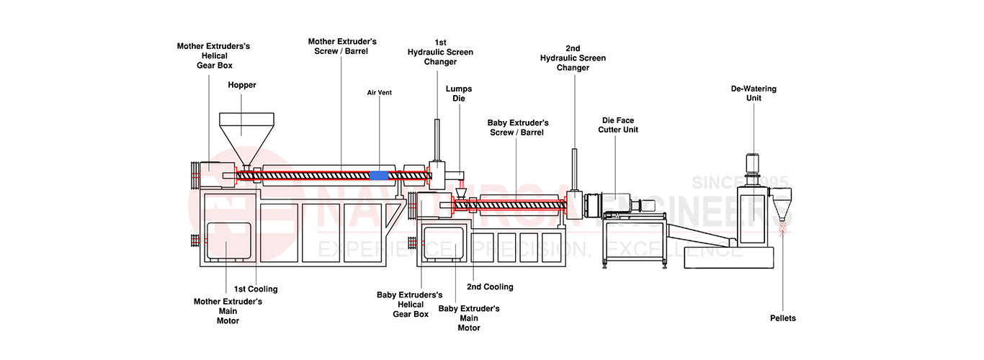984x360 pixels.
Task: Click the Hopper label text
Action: pyautogui.click(x=242, y=85)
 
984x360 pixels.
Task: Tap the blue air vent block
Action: pyautogui.click(x=378, y=175)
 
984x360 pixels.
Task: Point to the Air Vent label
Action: pyautogui.click(x=379, y=93)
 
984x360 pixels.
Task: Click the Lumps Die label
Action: pyautogui.click(x=459, y=94)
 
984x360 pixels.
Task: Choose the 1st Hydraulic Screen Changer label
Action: pyautogui.click(x=440, y=52)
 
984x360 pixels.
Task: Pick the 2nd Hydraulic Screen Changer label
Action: pyautogui.click(x=573, y=58)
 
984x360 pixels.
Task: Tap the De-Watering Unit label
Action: pyautogui.click(x=753, y=94)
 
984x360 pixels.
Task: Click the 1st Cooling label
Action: pyautogui.click(x=255, y=289)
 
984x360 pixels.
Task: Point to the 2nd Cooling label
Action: pyautogui.click(x=490, y=287)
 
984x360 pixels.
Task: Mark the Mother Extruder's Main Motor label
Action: pyautogui.click(x=228, y=310)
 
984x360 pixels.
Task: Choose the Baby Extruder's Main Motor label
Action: pyautogui.click(x=469, y=318)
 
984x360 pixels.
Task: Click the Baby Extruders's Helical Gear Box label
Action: pyautogui.click(x=410, y=304)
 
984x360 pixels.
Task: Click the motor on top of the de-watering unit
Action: pyautogui.click(x=754, y=163)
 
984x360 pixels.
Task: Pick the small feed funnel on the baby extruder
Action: pyautogui.click(x=462, y=192)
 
